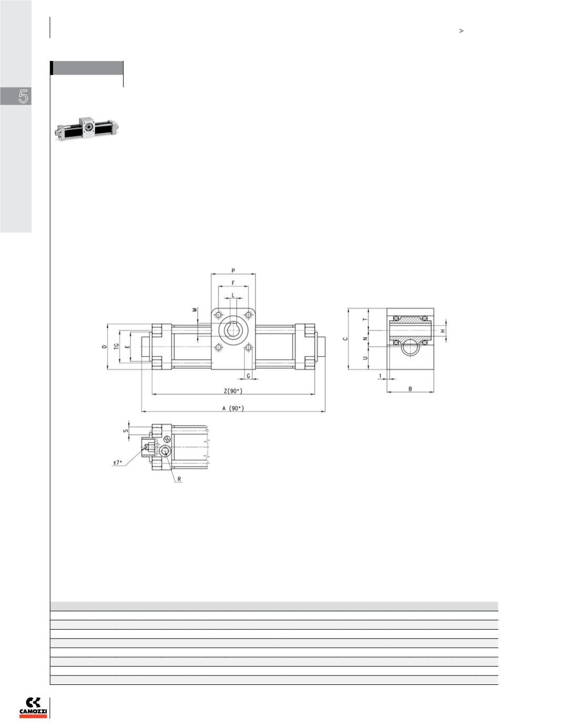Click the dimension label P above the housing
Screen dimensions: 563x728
233,271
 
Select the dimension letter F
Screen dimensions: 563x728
233,284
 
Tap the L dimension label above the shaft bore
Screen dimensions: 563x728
233,296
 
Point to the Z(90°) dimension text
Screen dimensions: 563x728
233,391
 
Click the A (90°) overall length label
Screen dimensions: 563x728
233,409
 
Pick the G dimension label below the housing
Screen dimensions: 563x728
249,376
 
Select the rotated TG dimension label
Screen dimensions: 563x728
117,347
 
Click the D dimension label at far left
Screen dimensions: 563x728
104,347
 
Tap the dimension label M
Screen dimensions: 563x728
195,310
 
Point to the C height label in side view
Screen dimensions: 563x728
345,339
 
